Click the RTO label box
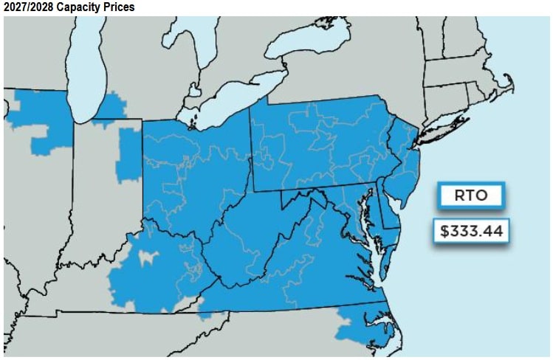pyautogui.click(x=470, y=195)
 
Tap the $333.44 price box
pyautogui.click(x=470, y=231)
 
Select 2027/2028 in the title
pyautogui.click(x=27, y=7)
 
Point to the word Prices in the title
pyautogui.click(x=118, y=7)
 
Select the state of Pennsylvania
pyautogui.click(x=317, y=140)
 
